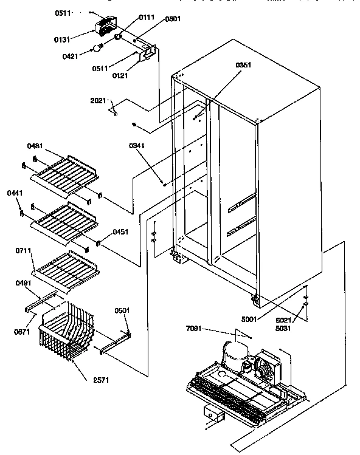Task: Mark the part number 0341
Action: (137, 146)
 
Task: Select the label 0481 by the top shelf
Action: (36, 146)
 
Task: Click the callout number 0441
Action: (15, 193)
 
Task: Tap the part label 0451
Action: (119, 231)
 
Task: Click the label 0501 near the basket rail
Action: (122, 311)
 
